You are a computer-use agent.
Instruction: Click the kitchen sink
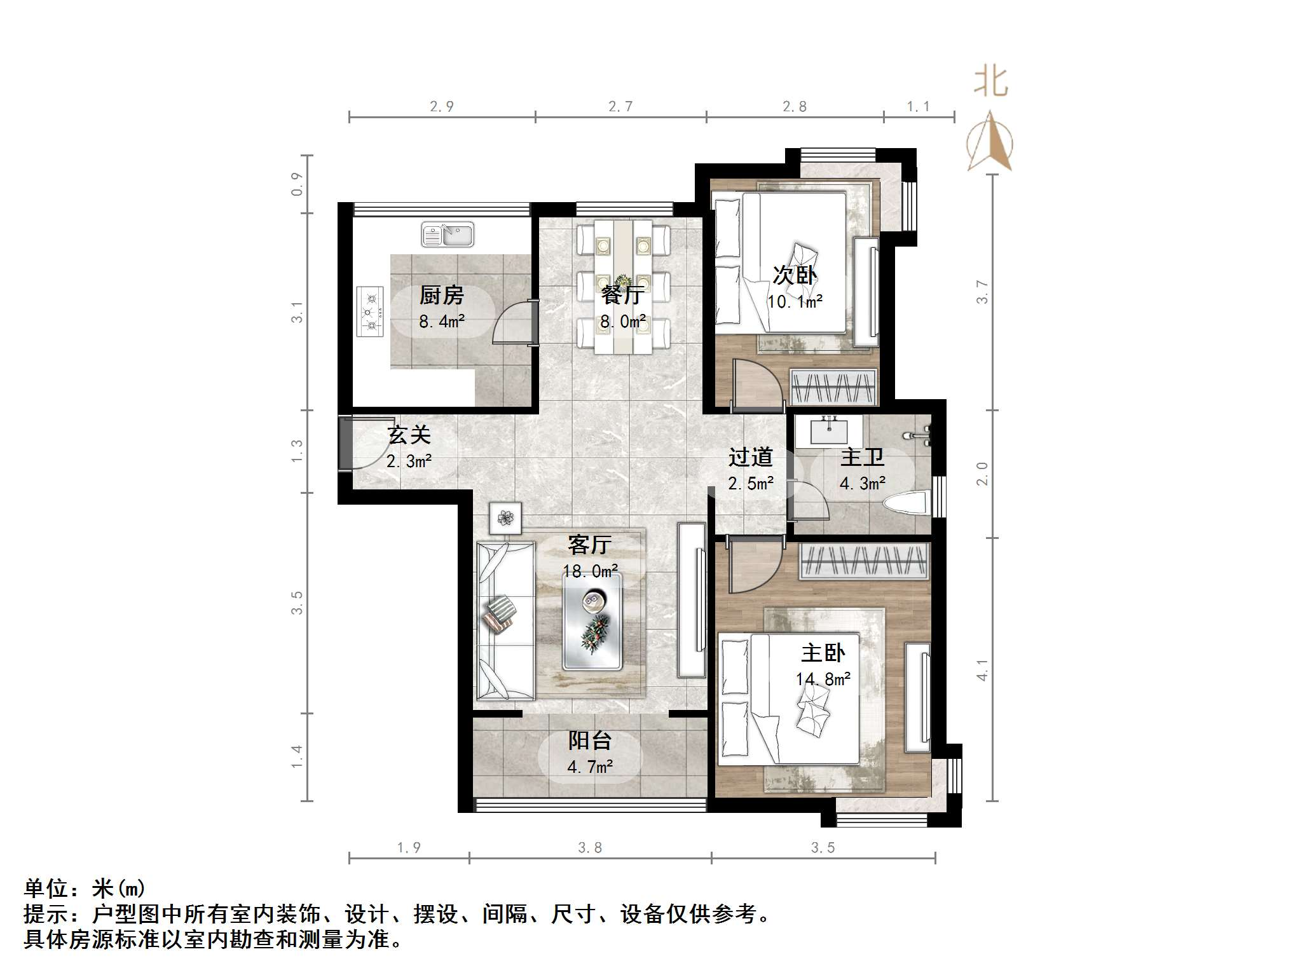click(448, 235)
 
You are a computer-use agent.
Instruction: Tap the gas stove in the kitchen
click(371, 311)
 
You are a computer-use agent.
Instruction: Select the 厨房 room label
click(442, 295)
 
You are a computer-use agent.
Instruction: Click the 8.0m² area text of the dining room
click(623, 322)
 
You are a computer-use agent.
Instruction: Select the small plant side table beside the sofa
click(505, 517)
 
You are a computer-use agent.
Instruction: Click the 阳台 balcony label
click(590, 740)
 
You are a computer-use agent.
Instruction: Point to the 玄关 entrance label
click(409, 435)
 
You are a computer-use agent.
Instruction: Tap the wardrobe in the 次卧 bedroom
click(833, 387)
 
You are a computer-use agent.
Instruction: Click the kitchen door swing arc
click(512, 322)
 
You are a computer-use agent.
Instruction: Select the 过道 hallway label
click(751, 457)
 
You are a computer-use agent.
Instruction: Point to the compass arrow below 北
click(990, 142)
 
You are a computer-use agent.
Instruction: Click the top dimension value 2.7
click(620, 106)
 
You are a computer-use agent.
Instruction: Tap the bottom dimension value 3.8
click(590, 847)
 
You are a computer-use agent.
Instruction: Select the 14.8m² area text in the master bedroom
click(823, 679)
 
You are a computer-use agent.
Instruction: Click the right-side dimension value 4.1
click(982, 670)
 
